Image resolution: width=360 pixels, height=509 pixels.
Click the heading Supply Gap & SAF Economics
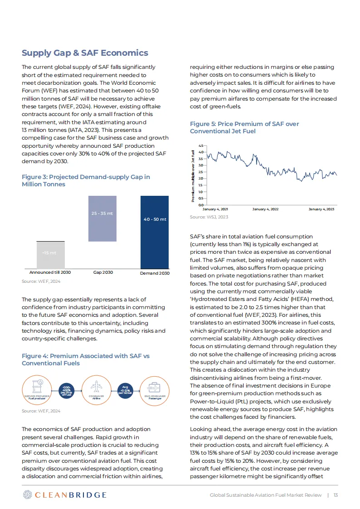(x=85, y=53)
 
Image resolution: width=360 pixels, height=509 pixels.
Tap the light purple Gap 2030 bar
(x=102, y=218)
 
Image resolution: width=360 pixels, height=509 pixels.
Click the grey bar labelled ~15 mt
(x=50, y=255)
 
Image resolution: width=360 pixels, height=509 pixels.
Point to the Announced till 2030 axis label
(x=50, y=273)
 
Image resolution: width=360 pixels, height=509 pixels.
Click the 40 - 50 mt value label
(x=155, y=219)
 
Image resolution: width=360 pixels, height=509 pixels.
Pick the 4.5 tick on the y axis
(x=201, y=145)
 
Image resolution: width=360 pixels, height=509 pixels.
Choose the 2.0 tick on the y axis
(x=201, y=179)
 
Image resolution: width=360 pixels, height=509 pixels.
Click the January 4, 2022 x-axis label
(x=265, y=209)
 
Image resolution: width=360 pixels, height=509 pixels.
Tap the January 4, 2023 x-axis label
(x=321, y=209)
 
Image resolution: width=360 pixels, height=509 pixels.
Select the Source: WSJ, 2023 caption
(x=209, y=217)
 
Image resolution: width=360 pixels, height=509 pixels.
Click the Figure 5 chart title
(x=244, y=127)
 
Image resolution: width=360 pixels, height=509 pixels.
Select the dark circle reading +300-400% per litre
(x=67, y=390)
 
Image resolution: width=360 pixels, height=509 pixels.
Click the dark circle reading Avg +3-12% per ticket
(x=125, y=390)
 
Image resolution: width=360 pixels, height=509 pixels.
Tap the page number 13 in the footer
(x=336, y=495)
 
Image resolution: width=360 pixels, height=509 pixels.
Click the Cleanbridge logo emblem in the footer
(x=28, y=494)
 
